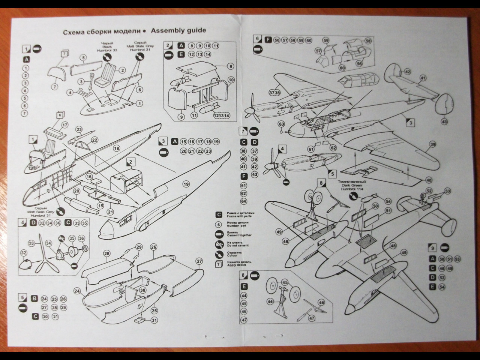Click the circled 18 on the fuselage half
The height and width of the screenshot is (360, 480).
116,148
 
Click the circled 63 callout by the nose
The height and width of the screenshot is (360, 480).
281,124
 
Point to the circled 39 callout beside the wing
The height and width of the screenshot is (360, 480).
432,144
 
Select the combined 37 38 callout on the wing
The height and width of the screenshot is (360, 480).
274,93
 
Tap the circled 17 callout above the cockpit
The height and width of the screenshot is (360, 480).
64,125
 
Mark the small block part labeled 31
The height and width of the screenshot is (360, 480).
141,321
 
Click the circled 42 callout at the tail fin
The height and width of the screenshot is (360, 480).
408,72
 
